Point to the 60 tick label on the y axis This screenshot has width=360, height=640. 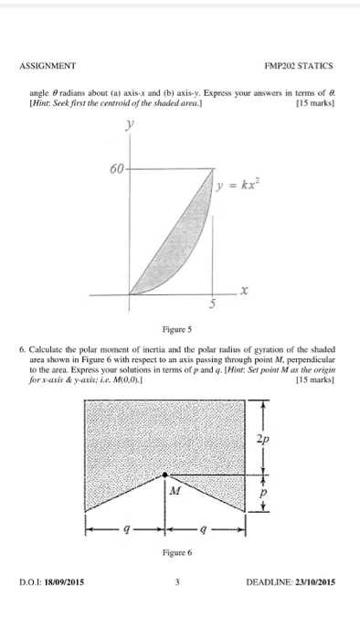pos(117,168)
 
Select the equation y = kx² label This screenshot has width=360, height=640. pos(239,187)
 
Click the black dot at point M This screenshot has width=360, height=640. pos(164,475)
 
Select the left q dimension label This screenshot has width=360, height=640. pos(124,530)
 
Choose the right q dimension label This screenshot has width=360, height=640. pos(205,530)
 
